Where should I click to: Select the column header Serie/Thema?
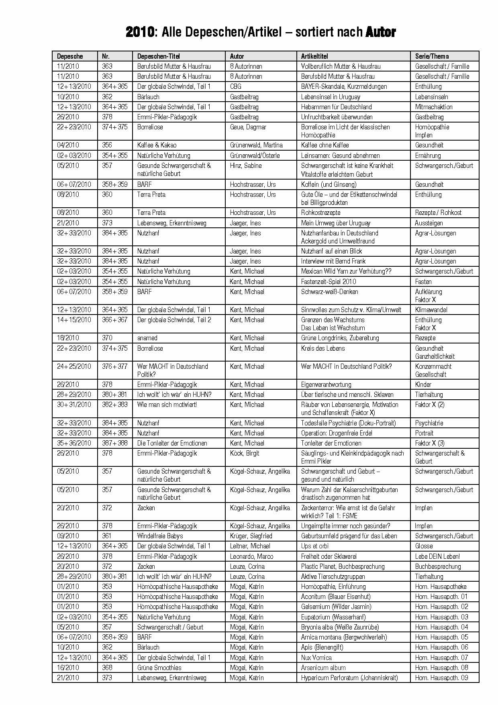click(432, 56)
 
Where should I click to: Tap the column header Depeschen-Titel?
click(158, 56)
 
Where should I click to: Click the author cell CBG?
click(236, 86)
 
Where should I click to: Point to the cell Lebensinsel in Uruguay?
click(331, 97)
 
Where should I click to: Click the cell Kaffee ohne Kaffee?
click(325, 145)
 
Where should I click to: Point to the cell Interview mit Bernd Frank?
click(333, 261)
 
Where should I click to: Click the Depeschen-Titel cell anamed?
click(147, 338)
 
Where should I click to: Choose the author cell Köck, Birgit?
click(245, 453)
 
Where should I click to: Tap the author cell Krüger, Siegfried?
click(251, 536)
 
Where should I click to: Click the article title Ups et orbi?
click(315, 546)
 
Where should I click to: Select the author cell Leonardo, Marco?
click(251, 556)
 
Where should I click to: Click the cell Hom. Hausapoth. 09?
click(441, 678)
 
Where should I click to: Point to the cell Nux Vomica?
click(316, 658)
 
